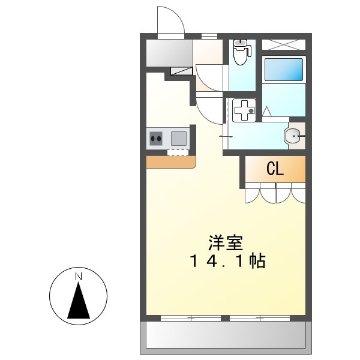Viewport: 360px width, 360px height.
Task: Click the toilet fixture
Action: (x=241, y=52)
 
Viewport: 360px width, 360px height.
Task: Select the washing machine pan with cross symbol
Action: (x=242, y=110)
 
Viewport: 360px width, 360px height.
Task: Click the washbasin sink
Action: (x=293, y=136)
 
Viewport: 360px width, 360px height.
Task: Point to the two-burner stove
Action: (x=156, y=139)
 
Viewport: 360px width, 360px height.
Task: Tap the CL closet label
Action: (x=275, y=169)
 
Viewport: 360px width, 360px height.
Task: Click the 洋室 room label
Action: (x=225, y=243)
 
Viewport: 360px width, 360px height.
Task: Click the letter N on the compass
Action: (x=77, y=277)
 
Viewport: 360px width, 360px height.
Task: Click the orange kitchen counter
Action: (x=170, y=162)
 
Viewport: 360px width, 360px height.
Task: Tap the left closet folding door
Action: (x=260, y=193)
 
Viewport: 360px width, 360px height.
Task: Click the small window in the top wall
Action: (x=209, y=37)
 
